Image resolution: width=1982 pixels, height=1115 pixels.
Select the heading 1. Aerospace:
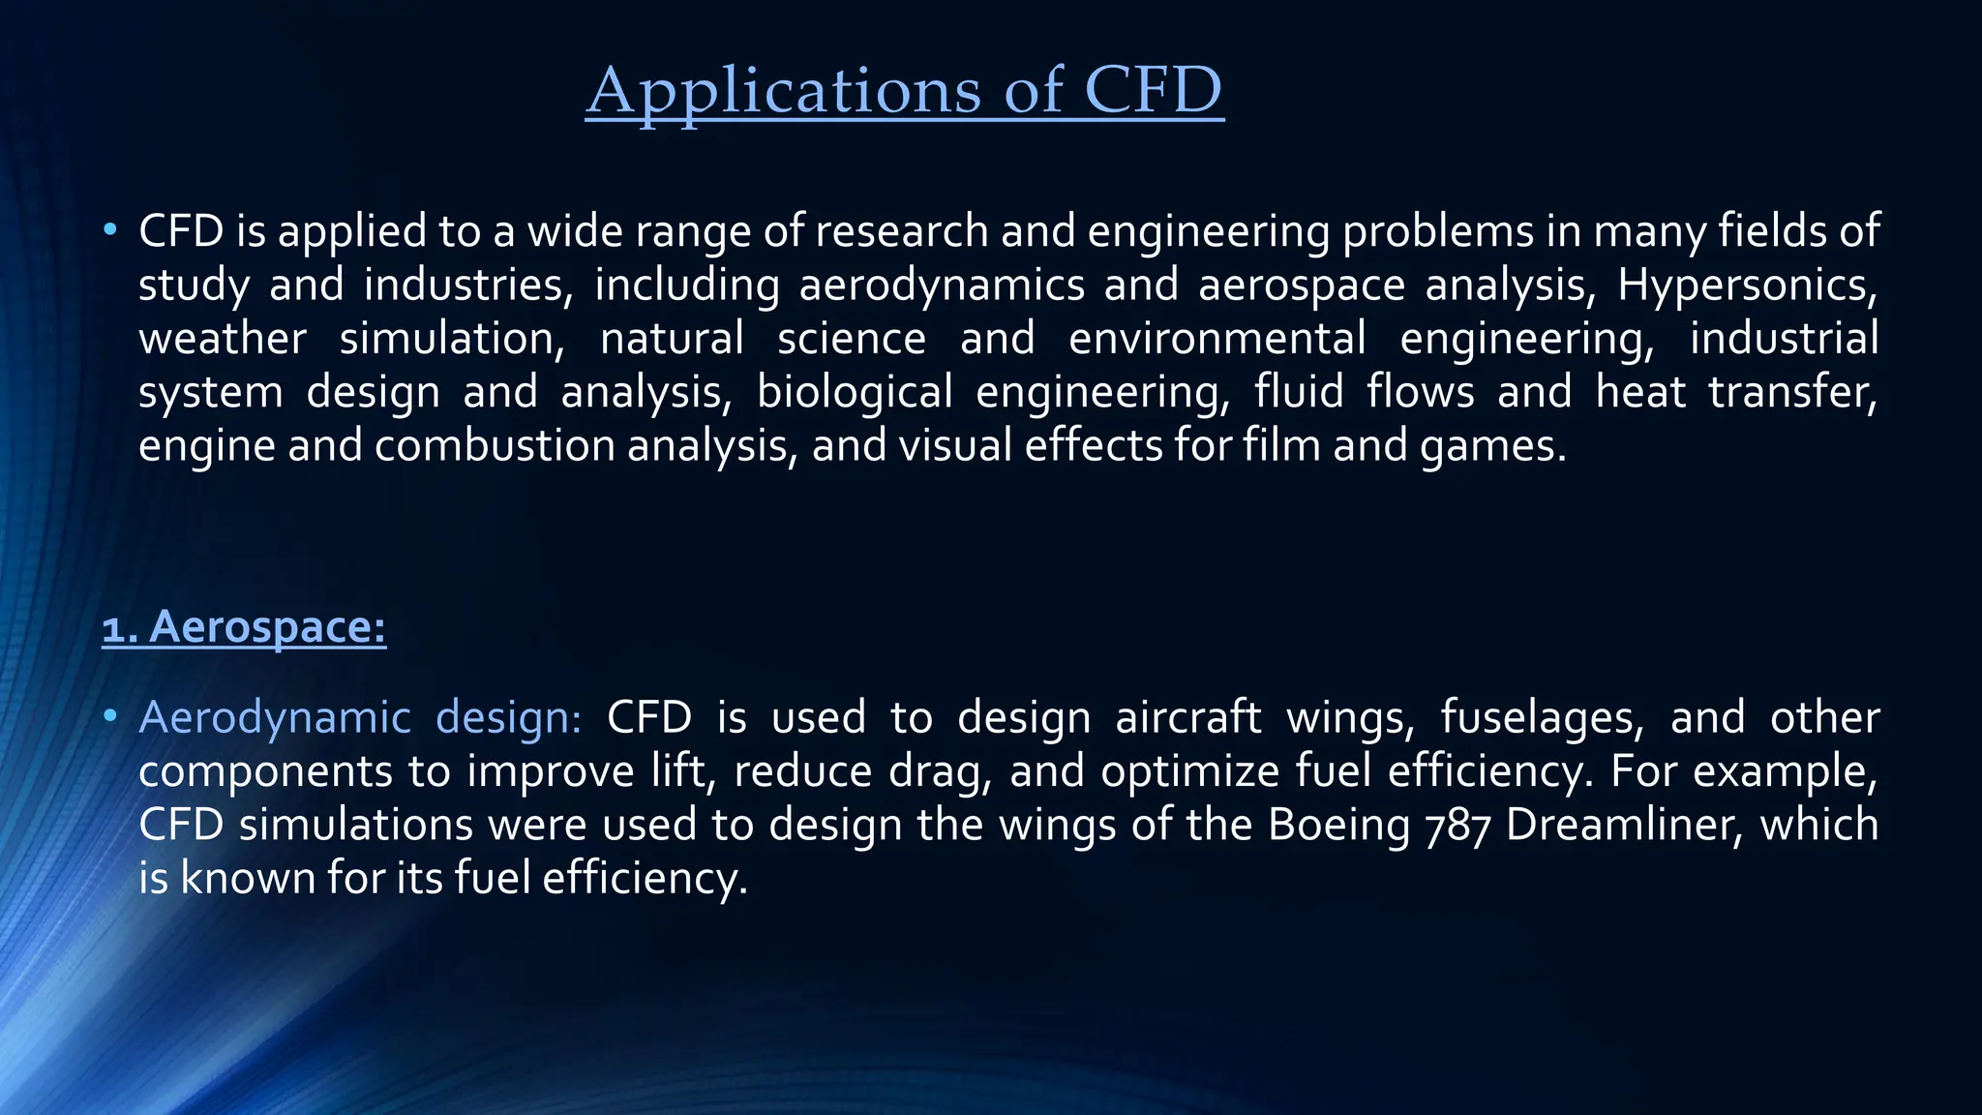(244, 626)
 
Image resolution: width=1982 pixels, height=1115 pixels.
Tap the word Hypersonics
(1747, 285)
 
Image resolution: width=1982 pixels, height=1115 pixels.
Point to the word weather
(222, 339)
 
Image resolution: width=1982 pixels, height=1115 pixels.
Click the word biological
(855, 392)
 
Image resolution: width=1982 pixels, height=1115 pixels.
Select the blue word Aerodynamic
(275, 717)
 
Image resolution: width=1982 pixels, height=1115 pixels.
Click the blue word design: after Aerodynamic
(508, 717)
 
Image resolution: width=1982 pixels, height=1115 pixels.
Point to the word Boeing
(1338, 825)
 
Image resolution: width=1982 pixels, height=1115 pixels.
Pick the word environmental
(1216, 339)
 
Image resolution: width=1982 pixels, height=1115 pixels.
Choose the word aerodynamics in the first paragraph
(942, 285)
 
